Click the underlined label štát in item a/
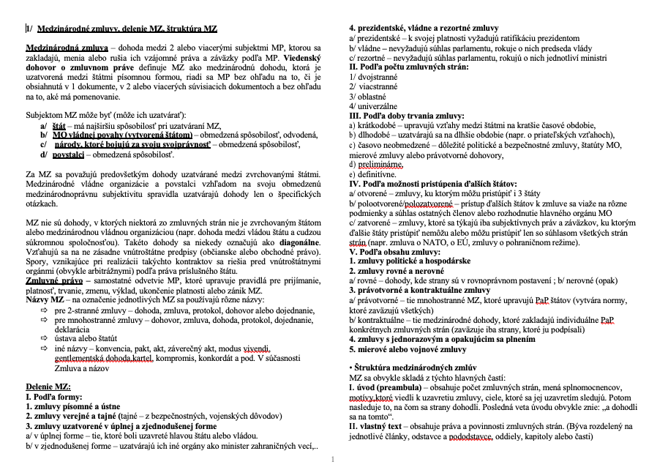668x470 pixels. pos(59,126)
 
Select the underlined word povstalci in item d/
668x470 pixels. pos(68,154)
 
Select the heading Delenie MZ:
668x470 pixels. pos(48,386)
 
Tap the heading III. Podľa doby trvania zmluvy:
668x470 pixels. pos(406,116)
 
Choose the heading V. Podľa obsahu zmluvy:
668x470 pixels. pos(395,252)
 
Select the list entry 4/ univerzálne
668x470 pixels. pos(374,105)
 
